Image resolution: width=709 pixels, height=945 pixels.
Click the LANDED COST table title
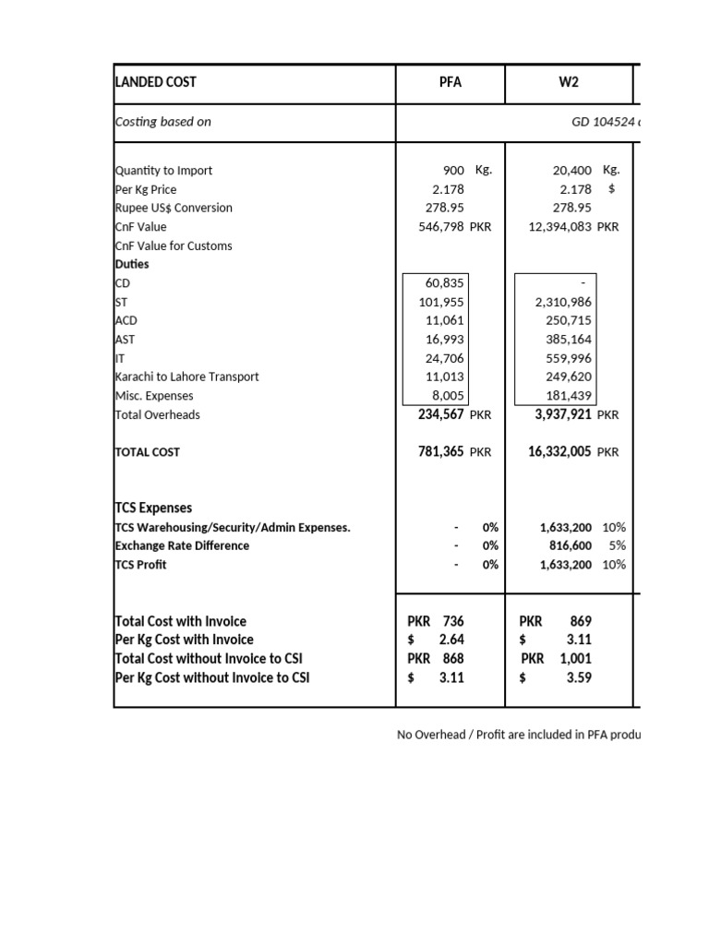point(155,82)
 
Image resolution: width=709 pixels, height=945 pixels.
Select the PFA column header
point(450,82)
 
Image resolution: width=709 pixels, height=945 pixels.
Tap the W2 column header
point(569,82)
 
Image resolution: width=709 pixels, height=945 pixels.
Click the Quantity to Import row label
point(163,171)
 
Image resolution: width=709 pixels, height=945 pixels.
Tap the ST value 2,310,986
point(564,302)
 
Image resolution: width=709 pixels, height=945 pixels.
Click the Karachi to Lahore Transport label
point(186,377)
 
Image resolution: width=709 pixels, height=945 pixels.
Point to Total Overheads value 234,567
point(441,415)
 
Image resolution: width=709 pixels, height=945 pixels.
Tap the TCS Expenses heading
point(153,508)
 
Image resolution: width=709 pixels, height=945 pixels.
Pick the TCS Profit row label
point(140,565)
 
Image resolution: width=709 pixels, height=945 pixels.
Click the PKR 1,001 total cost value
point(557,659)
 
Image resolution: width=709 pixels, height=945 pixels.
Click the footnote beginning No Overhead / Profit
point(517,735)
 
